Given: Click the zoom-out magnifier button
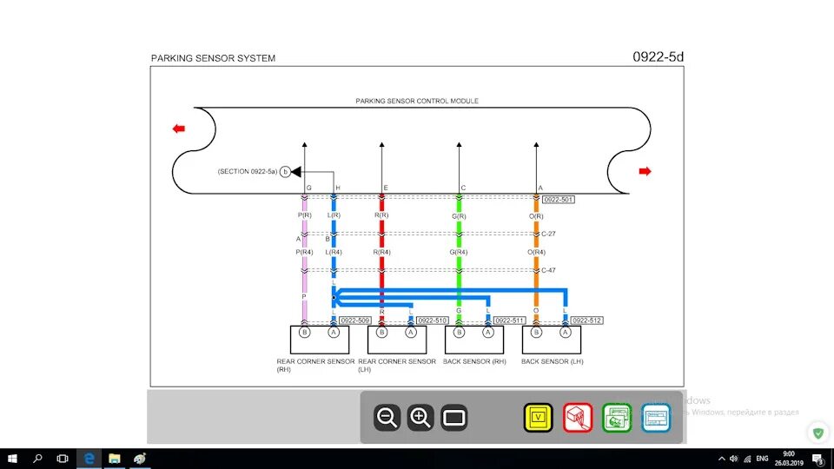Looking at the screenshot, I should point(387,418).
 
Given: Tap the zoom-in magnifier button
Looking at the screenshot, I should point(420,418).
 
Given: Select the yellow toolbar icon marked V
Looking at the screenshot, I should point(538,418).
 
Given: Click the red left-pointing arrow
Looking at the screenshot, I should point(179,129).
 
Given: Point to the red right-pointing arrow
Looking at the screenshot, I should point(645,171).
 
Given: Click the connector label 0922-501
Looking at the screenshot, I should point(558,200).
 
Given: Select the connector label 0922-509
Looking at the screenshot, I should point(355,320).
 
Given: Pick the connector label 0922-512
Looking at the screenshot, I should point(586,320).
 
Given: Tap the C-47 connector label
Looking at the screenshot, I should point(548,270).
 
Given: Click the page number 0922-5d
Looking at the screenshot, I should point(659,57).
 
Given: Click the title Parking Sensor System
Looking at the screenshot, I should point(213,58).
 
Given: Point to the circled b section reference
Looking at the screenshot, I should point(285,172).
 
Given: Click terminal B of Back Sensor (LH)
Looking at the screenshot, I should point(536,332).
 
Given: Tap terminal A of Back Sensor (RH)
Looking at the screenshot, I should point(488,332).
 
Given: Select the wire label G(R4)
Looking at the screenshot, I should point(460,252).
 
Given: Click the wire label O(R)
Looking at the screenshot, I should point(536,215).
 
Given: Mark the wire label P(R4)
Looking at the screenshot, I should point(305,252).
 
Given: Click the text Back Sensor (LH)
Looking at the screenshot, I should point(552,361).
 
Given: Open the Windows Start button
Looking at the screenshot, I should point(12,458).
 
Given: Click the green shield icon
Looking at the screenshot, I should point(817,432).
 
